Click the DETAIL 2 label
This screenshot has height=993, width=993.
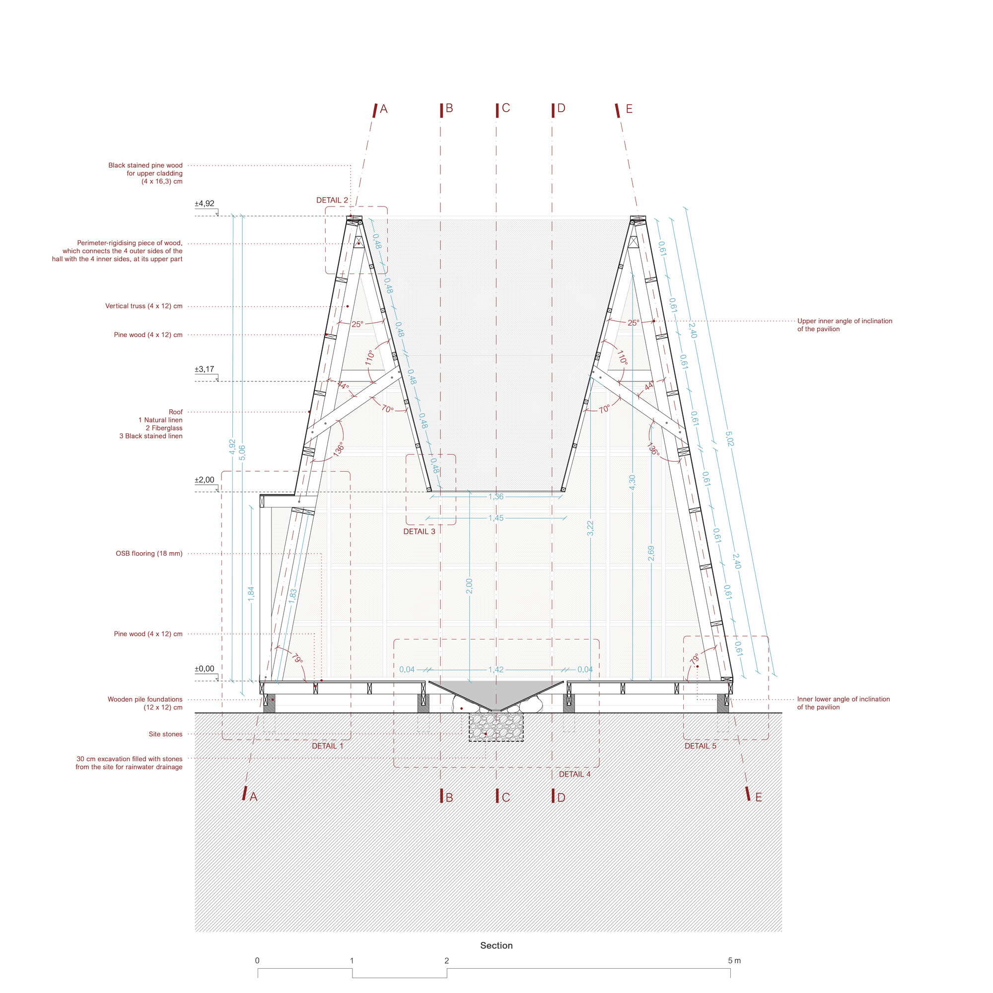coord(332,201)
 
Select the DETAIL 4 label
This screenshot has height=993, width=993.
coord(574,774)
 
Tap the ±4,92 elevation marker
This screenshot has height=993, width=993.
coord(205,204)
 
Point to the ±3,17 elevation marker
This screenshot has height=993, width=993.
coord(205,369)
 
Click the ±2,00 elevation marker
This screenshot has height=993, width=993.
coord(205,480)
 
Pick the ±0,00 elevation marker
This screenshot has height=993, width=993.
coord(205,669)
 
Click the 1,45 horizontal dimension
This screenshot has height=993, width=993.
coord(496,517)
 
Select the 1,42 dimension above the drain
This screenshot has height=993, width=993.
coord(496,669)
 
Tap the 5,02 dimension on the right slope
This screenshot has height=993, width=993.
coord(729,438)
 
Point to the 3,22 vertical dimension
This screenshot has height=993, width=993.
coord(590,528)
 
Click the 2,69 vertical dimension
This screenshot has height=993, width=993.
coord(651,553)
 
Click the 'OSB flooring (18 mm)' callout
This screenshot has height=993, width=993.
coord(149,554)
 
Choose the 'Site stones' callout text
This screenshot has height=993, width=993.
coord(165,734)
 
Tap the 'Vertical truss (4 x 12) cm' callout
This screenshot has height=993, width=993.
coord(144,306)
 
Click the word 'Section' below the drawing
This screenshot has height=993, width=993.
coord(496,945)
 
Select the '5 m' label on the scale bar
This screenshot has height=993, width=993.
coord(734,960)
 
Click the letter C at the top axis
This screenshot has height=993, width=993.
coord(506,108)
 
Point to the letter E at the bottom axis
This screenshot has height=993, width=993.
coord(759,797)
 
